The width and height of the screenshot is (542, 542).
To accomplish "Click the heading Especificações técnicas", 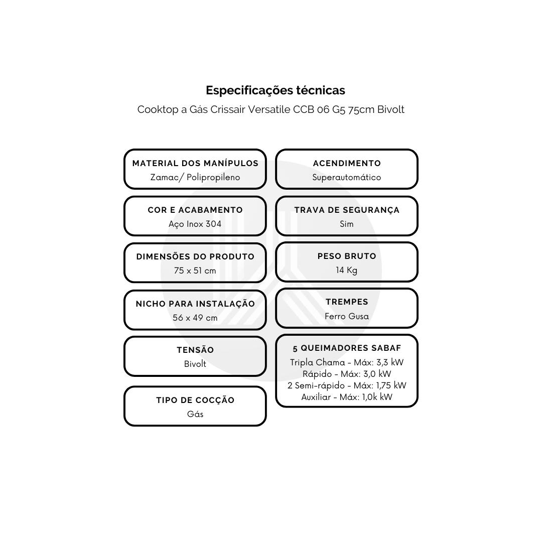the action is tap(276, 90).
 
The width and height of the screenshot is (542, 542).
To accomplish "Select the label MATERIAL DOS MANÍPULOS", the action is tap(195, 163).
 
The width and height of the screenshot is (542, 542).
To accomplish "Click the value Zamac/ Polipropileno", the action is tap(195, 177).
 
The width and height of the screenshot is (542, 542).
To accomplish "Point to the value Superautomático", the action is tap(347, 177).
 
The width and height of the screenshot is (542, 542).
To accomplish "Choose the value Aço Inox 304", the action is tap(195, 224).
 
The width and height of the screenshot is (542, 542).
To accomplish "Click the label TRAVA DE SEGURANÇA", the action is tap(347, 210).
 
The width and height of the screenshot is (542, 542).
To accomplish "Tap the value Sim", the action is tap(347, 224).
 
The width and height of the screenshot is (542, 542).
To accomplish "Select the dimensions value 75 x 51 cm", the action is tap(195, 270).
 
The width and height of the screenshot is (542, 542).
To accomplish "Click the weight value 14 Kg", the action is tap(347, 270).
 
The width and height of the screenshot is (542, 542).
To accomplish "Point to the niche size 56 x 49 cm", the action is tap(195, 318).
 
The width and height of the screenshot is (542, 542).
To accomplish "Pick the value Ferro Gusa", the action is tap(347, 316).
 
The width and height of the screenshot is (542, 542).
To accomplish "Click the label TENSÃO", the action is tap(195, 350).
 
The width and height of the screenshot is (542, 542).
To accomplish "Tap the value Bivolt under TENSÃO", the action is tap(195, 364).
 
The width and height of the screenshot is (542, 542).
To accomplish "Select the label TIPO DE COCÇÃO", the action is tap(195, 400).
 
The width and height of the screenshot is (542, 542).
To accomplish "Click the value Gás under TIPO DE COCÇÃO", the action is tap(195, 414).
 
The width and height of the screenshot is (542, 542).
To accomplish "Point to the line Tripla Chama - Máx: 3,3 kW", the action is tap(347, 362).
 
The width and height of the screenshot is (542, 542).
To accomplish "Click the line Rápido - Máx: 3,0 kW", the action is tap(347, 374).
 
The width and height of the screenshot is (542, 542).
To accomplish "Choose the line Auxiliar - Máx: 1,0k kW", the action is tap(347, 397).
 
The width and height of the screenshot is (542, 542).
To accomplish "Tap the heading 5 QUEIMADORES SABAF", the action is tap(347, 348).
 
